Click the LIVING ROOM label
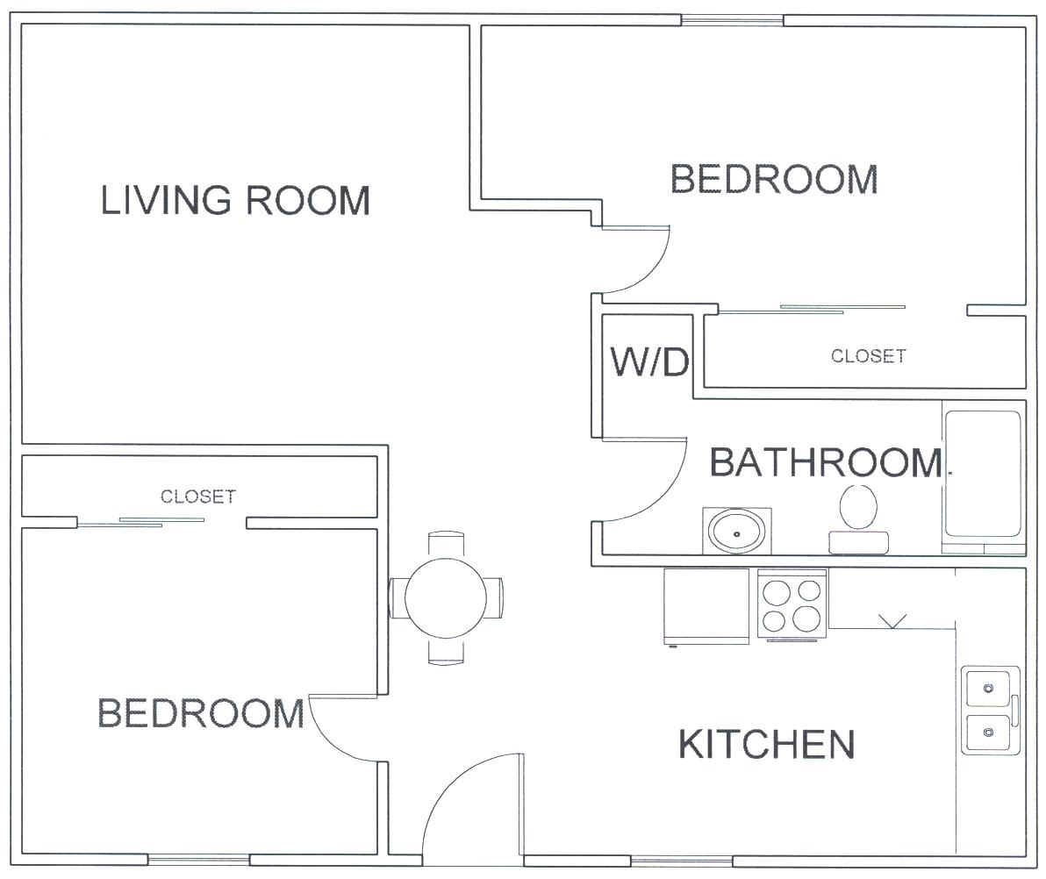tap(235, 199)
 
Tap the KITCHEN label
tap(766, 744)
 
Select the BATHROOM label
tap(826, 462)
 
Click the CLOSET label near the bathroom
tap(868, 355)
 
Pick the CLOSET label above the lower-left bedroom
tap(198, 497)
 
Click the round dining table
tap(446, 597)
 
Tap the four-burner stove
tap(792, 605)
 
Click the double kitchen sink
tap(990, 710)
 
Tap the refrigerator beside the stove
tap(706, 606)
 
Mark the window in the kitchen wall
tap(682, 861)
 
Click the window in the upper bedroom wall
tap(732, 20)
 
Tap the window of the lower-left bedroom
tap(199, 861)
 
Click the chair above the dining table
tap(446, 544)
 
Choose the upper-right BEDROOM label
tap(774, 179)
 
